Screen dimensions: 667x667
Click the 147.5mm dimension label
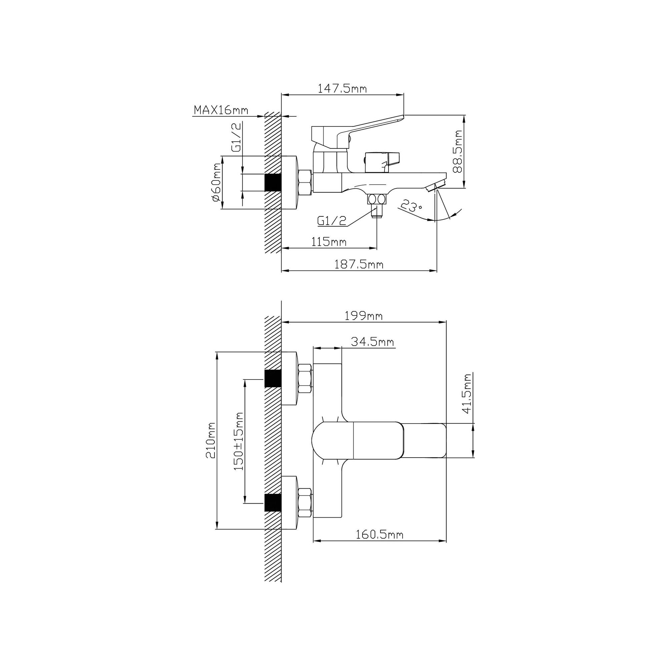342,89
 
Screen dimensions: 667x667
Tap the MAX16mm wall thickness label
221,110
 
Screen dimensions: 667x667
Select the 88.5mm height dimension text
458,151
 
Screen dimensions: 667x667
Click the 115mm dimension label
329,242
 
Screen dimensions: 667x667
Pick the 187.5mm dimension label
359,264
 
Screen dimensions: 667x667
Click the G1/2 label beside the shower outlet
331,220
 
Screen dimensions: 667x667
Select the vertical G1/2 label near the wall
236,138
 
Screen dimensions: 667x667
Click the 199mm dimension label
364,315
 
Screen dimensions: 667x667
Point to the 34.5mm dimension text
373,342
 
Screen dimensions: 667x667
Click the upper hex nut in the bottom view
305,379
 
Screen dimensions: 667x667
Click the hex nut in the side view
305,182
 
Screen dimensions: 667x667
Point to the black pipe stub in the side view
273,182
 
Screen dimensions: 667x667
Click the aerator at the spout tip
436,185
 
